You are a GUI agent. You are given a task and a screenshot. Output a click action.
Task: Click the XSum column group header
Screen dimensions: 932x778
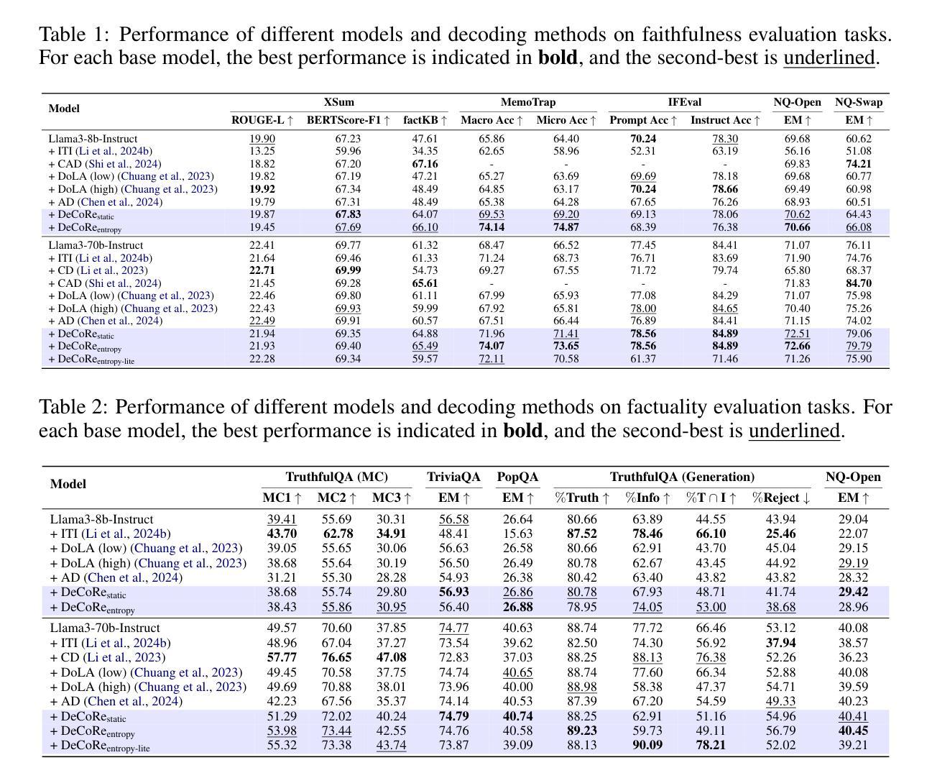pos(338,102)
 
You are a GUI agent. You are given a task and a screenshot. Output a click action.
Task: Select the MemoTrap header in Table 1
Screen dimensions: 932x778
pos(528,102)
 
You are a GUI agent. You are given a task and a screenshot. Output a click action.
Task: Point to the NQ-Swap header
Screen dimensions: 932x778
pos(859,102)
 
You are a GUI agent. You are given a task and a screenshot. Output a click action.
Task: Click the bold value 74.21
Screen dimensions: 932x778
pos(859,164)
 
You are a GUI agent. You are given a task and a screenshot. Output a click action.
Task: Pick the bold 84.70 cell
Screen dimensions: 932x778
pos(859,283)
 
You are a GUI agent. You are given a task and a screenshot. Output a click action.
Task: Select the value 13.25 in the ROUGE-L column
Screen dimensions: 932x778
pos(262,151)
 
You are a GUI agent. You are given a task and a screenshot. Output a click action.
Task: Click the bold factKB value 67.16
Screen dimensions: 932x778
pos(425,164)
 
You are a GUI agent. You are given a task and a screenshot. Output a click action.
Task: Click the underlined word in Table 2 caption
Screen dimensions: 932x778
pos(794,431)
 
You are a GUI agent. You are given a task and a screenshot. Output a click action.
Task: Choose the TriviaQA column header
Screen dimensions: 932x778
pos(453,477)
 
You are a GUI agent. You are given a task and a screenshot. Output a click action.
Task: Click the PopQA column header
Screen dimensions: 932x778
pos(518,477)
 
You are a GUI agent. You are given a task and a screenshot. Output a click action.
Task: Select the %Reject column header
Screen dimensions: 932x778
pos(780,498)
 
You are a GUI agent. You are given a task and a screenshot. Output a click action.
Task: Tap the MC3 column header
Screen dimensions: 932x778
pos(392,498)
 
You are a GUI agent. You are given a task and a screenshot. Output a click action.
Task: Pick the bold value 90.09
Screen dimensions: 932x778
pos(647,745)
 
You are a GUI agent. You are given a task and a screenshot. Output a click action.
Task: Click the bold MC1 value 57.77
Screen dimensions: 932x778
pos(282,657)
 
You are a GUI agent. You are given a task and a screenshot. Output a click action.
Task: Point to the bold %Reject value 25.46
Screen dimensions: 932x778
pos(780,534)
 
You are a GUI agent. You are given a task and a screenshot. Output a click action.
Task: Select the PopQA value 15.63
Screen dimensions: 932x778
pos(518,534)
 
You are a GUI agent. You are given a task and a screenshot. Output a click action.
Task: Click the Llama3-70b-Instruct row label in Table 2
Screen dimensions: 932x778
pos(105,628)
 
